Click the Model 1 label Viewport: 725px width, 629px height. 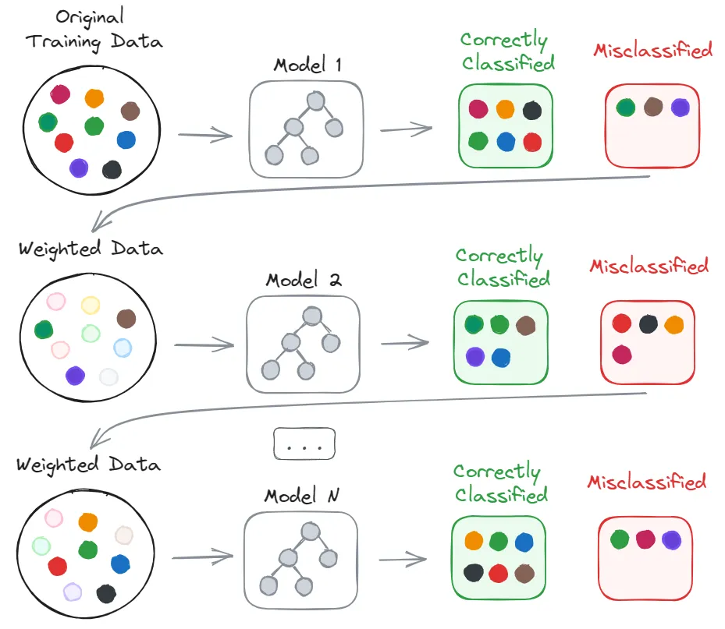307,65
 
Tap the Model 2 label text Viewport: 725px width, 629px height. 303,280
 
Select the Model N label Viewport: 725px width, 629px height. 301,495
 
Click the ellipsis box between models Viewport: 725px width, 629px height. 304,444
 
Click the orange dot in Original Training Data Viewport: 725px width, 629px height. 94,98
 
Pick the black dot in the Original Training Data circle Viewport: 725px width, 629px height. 112,169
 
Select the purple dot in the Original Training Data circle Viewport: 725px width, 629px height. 78,167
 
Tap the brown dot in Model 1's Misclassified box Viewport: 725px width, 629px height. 653,108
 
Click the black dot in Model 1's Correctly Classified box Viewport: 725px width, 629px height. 532,110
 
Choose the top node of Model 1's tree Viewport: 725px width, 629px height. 315,101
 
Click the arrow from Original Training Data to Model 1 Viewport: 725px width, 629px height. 205,136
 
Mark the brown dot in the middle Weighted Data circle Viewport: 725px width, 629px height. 126,318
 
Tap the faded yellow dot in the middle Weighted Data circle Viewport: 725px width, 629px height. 91,305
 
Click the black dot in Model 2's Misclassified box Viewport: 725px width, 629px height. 648,324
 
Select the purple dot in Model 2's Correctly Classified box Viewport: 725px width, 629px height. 474,357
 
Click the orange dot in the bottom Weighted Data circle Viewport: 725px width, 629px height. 87,521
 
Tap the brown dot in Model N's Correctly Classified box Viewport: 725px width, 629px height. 525,573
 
